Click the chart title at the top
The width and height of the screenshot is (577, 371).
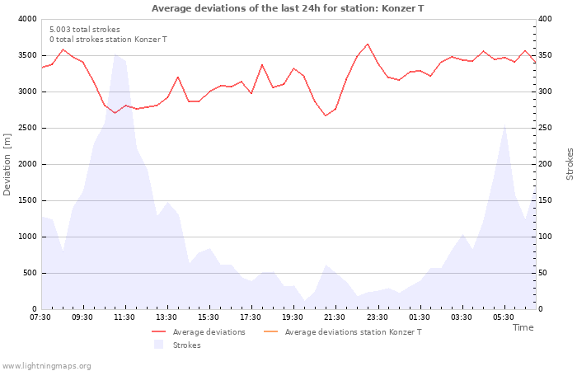[x=288, y=8]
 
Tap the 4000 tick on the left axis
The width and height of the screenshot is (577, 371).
[x=26, y=19]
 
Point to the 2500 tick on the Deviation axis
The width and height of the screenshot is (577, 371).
[x=26, y=128]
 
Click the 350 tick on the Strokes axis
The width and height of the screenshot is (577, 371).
[x=547, y=55]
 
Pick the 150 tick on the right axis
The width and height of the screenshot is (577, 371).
[x=547, y=200]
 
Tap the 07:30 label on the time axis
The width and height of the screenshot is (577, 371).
[x=40, y=317]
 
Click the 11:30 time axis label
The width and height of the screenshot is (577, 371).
[x=124, y=317]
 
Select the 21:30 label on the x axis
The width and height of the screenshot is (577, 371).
[x=335, y=317]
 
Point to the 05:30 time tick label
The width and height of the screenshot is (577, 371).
[x=504, y=317]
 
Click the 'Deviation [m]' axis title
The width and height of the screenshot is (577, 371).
[x=7, y=164]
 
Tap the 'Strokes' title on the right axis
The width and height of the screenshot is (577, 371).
[x=570, y=164]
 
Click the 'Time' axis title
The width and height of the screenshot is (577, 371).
[x=523, y=327]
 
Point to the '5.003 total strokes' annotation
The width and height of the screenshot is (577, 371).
[x=85, y=30]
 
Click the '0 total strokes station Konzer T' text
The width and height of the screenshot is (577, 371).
[x=108, y=40]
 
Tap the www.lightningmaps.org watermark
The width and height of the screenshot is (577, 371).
[x=47, y=366]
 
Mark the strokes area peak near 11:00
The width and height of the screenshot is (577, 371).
[x=115, y=56]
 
